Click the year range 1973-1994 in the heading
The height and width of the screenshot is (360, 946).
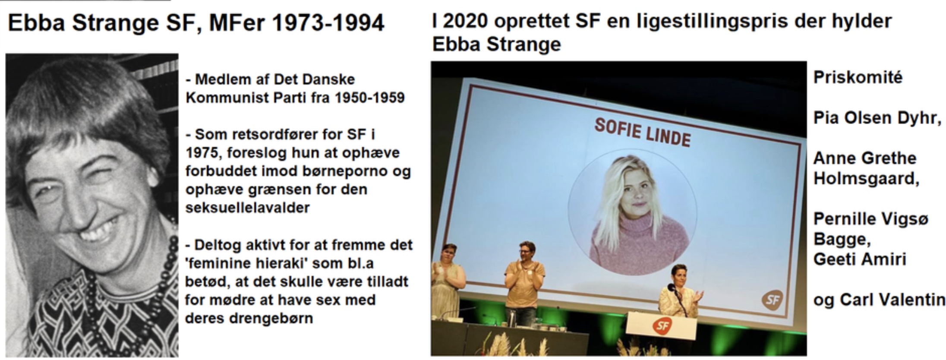tap(328, 23)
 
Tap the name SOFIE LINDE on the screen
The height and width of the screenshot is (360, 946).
tap(643, 132)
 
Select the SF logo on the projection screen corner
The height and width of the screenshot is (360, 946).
tap(772, 299)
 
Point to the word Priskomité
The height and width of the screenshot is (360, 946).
tap(858, 78)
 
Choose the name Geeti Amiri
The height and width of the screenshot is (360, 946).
tap(860, 259)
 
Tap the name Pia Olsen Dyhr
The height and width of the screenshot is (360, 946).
tap(877, 118)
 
